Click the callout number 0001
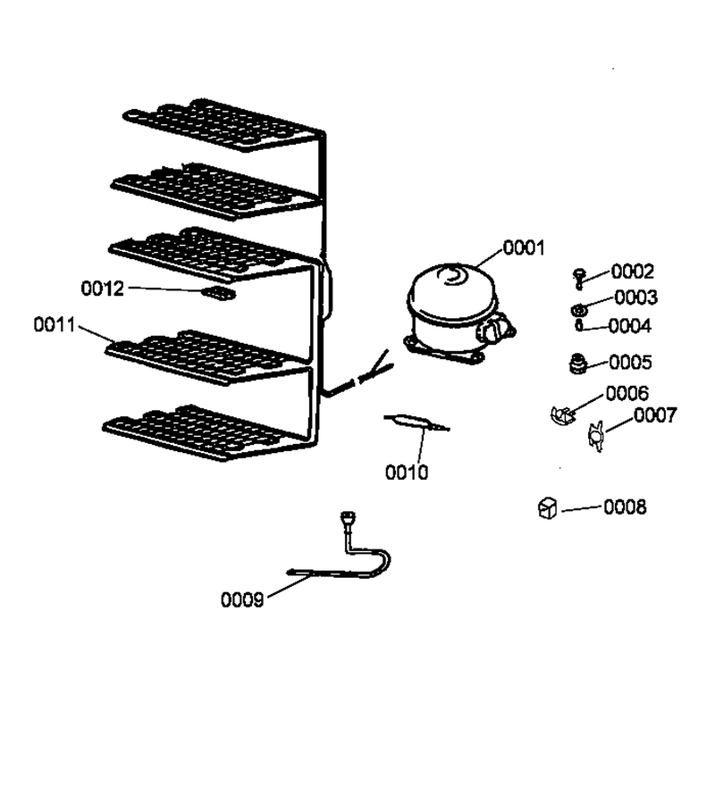click(x=524, y=248)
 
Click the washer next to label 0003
click(x=579, y=310)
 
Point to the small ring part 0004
click(x=578, y=325)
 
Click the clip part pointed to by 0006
click(x=562, y=415)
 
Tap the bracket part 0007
click(x=596, y=436)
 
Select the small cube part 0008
click(x=547, y=508)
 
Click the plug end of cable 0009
click(x=348, y=517)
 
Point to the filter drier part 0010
click(x=416, y=423)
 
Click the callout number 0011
click(x=55, y=324)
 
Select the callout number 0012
click(x=103, y=289)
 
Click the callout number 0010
click(x=407, y=473)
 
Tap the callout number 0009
click(x=242, y=599)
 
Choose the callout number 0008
click(x=625, y=507)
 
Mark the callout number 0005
click(x=630, y=363)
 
